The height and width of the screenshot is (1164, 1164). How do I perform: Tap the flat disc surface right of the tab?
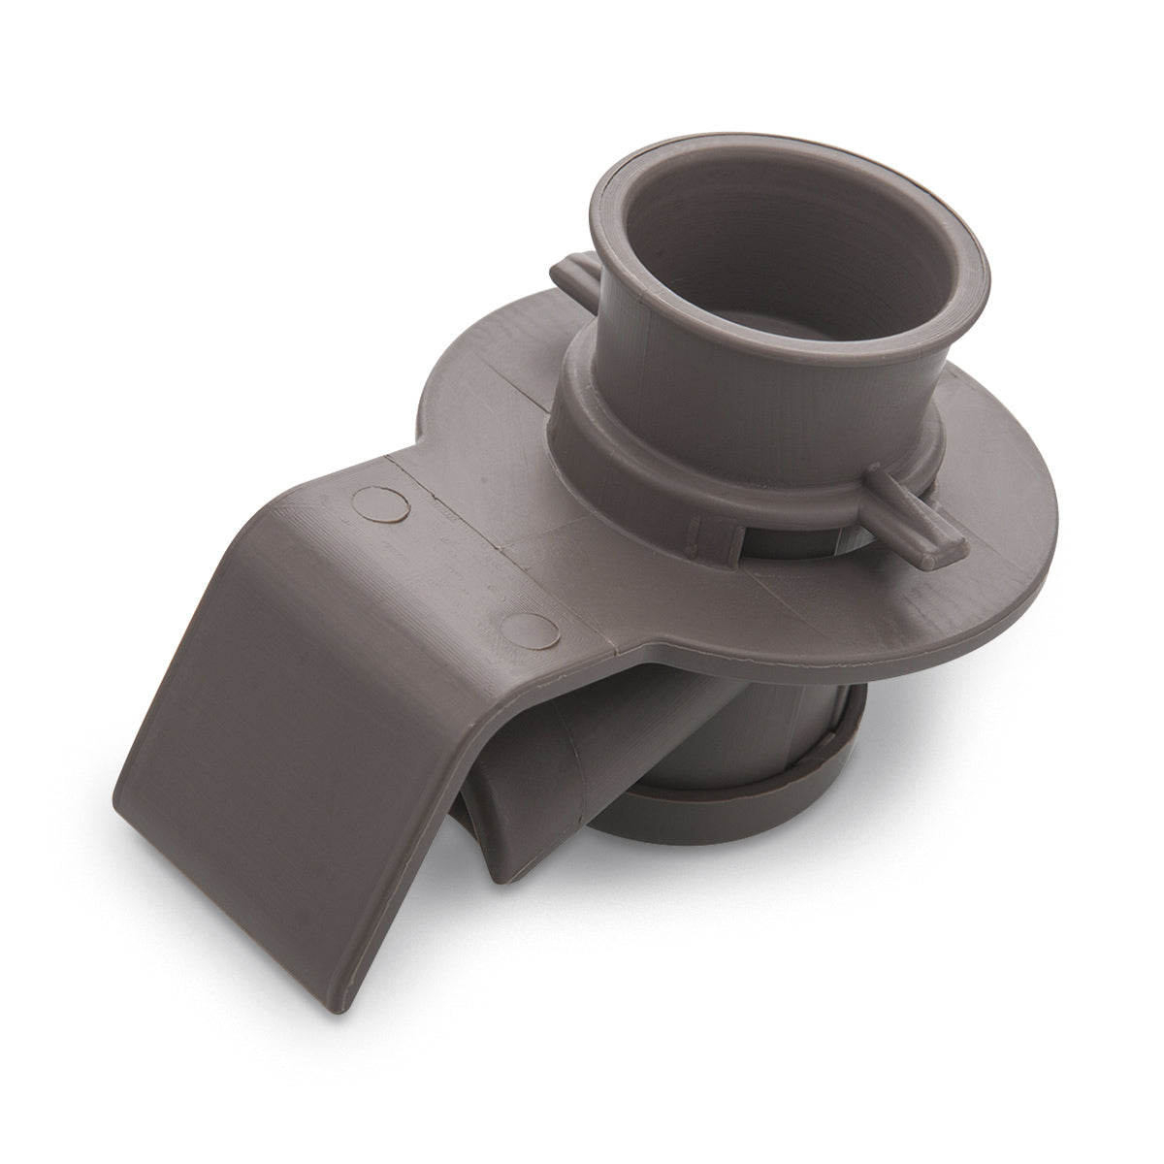[x=1009, y=543]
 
